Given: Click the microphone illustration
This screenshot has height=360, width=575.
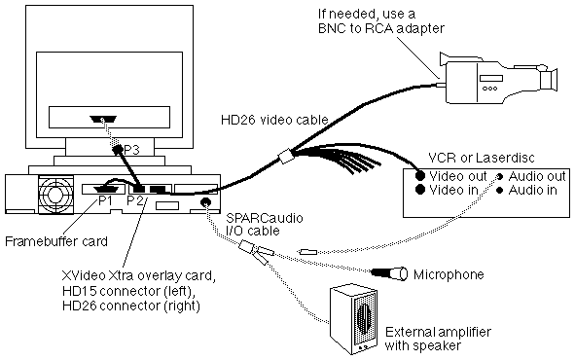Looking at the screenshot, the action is pos(389,273).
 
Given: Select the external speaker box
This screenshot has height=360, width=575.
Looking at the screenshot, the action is pos(353,319).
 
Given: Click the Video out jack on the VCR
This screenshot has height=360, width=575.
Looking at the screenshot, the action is pos(420,176).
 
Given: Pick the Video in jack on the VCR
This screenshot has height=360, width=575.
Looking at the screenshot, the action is pos(420,190).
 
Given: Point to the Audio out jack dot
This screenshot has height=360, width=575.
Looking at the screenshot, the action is pos(499,177).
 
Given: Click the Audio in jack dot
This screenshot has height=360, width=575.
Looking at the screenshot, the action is pos(499,191).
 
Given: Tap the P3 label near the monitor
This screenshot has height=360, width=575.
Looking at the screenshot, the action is pos(131,150).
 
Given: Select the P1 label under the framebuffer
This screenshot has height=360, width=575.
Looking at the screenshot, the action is pos(105,200).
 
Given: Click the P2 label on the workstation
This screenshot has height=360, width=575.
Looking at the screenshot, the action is pos(134,200).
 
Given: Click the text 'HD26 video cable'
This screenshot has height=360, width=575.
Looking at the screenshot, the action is pos(274,120).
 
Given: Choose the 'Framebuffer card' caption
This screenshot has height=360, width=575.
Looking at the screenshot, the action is pos(56,241).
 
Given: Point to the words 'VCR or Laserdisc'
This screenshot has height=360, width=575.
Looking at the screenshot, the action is pos(482,158).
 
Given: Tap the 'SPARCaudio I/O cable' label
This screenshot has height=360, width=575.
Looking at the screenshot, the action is pos(265,224).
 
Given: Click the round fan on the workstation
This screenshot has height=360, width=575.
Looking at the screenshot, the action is pos(55,194).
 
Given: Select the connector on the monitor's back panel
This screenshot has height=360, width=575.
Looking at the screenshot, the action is pos(103,120).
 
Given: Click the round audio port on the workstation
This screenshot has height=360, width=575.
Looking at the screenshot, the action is pos(205,202).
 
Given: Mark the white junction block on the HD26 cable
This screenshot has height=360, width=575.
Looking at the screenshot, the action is pos(285,157).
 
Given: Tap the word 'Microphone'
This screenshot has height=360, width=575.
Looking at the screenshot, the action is pos(449,274).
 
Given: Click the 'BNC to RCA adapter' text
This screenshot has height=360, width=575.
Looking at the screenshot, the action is pos(381,28).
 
